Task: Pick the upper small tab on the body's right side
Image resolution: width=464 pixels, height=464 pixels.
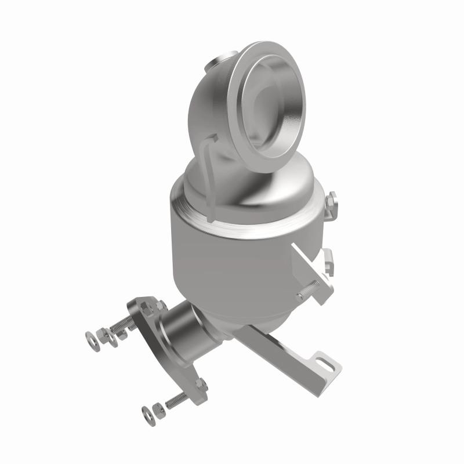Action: point(331,202)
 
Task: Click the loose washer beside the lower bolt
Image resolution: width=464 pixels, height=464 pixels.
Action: point(146,413)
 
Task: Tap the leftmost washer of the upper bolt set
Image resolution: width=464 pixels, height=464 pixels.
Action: point(91,336)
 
